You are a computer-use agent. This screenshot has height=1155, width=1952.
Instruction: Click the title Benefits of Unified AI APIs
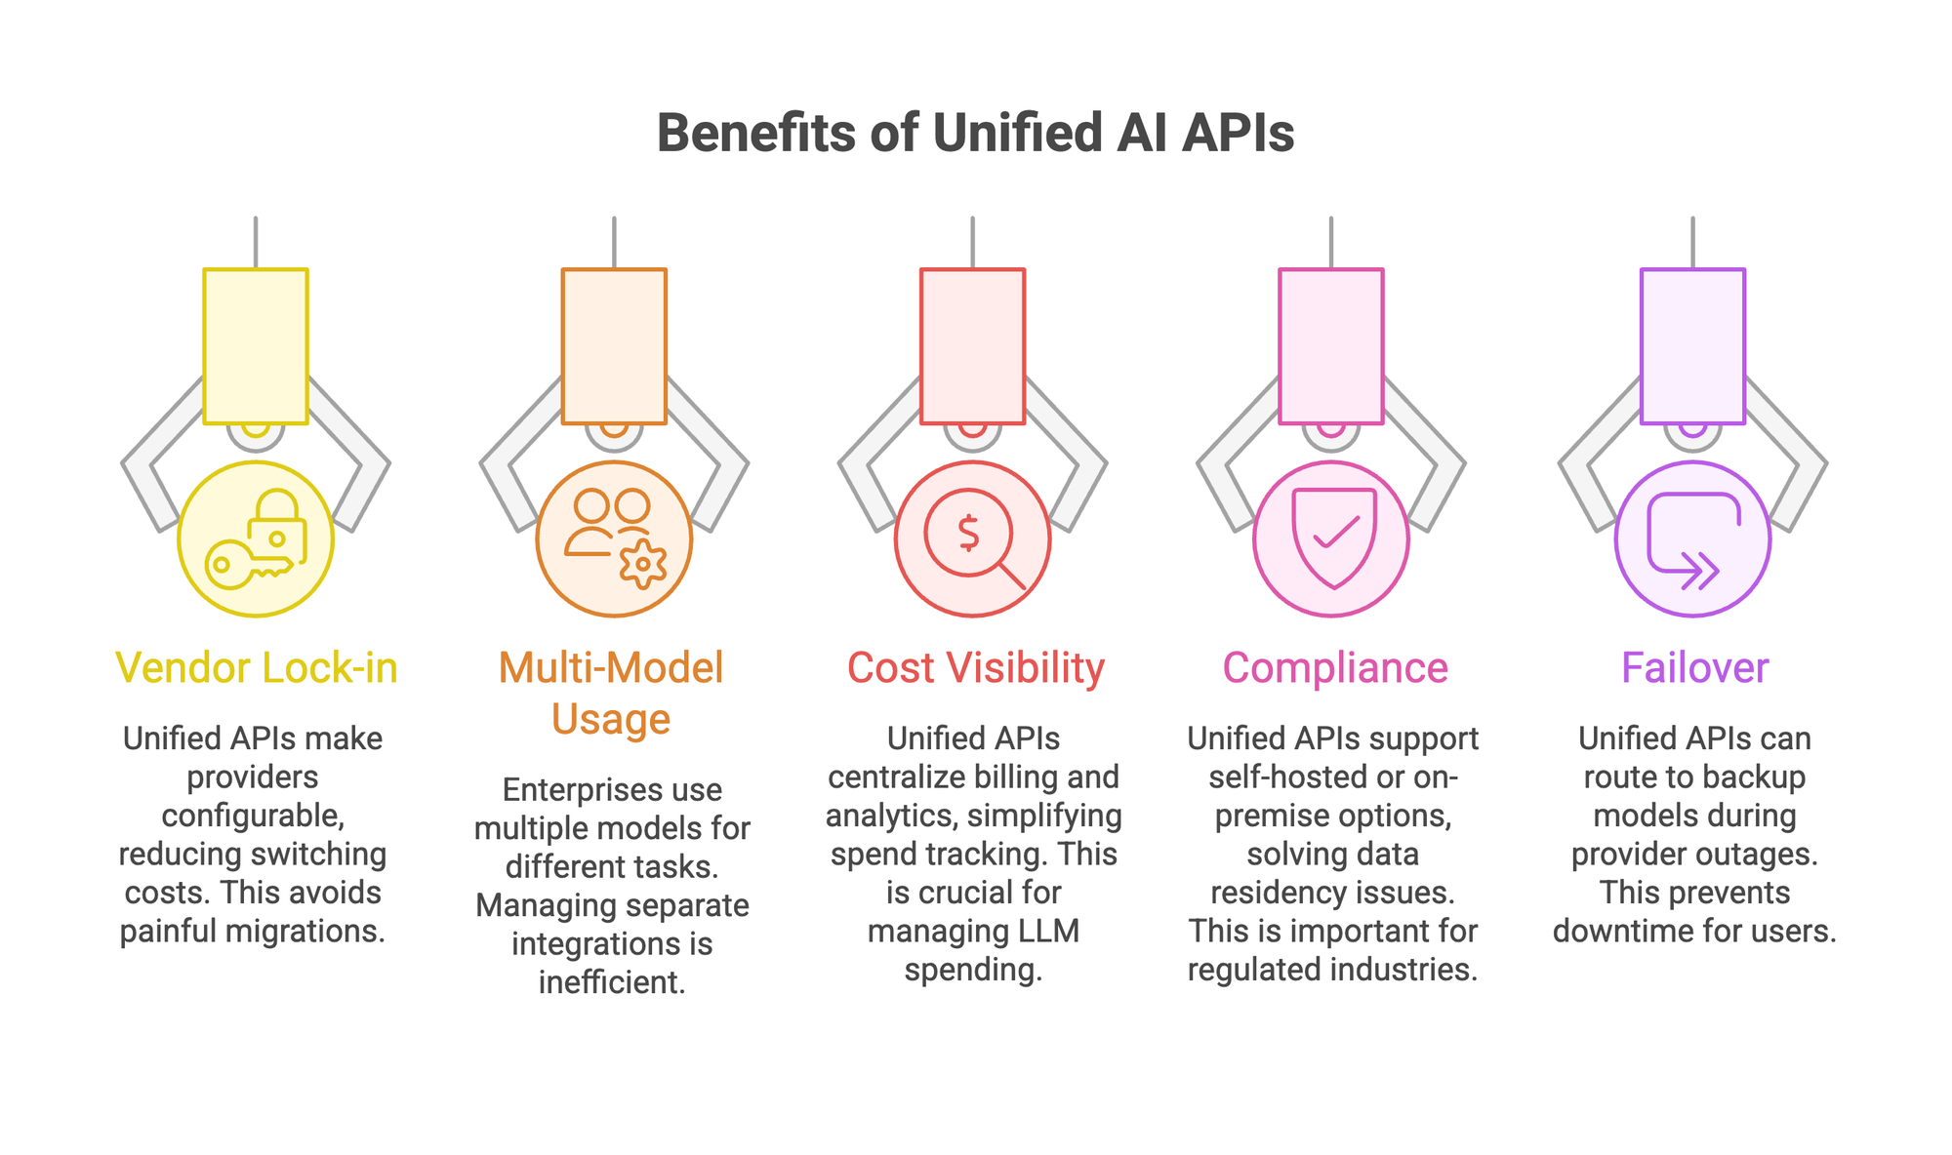[x=975, y=134]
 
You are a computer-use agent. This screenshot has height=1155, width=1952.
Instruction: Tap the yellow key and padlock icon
[x=256, y=539]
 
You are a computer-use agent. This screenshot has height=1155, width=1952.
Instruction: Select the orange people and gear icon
[x=614, y=538]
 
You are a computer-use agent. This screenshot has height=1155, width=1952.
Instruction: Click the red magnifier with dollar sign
[x=973, y=539]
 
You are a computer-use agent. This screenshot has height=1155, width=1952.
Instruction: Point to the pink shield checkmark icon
[x=1332, y=538]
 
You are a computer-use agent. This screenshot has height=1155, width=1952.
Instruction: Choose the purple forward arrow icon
[x=1692, y=539]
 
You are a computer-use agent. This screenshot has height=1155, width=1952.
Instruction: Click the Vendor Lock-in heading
[x=256, y=668]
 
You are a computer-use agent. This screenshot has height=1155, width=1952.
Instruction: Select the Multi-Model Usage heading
[x=611, y=693]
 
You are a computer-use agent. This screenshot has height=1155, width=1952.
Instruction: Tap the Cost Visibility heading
[x=975, y=668]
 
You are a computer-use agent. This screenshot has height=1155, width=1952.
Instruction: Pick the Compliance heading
[x=1334, y=668]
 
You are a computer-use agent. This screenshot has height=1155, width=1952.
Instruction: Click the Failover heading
[x=1694, y=668]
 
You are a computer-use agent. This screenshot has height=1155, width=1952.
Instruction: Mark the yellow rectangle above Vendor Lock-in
[x=256, y=346]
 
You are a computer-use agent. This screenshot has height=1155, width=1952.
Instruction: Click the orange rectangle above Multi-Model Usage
[x=614, y=346]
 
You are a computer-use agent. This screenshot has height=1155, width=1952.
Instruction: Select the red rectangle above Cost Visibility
[x=973, y=346]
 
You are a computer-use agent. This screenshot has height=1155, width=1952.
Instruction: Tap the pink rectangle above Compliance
[x=1331, y=346]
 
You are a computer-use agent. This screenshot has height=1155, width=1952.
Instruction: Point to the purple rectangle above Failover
[x=1692, y=346]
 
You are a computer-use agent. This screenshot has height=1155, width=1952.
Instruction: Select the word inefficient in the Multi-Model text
[x=611, y=981]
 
